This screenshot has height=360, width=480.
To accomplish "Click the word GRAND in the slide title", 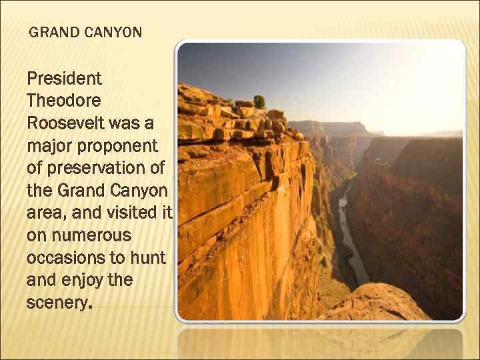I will [52, 32].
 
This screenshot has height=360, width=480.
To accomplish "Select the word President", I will [64, 79].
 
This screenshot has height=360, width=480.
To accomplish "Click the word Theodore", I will [63, 101].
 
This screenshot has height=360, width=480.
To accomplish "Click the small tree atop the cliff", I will [259, 101].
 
